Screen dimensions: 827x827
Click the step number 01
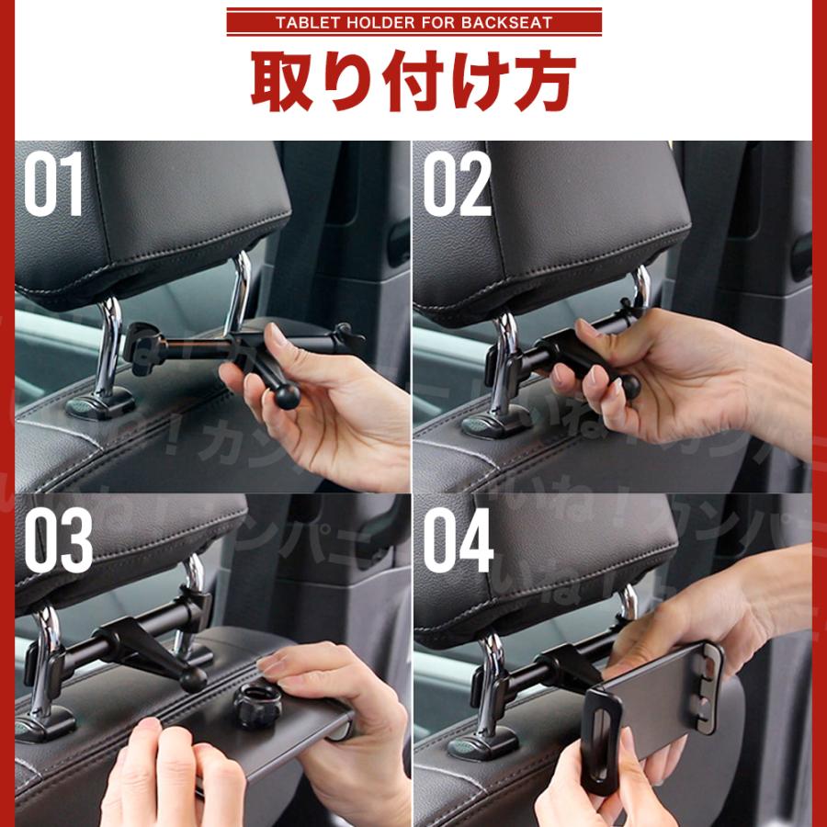(52, 185)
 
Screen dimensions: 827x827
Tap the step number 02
(457, 185)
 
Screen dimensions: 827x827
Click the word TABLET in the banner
(307, 22)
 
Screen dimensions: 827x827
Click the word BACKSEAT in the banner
(515, 22)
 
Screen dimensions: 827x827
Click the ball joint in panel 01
(287, 396)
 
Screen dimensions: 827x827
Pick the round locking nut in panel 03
(254, 705)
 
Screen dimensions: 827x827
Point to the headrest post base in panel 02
(497, 423)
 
